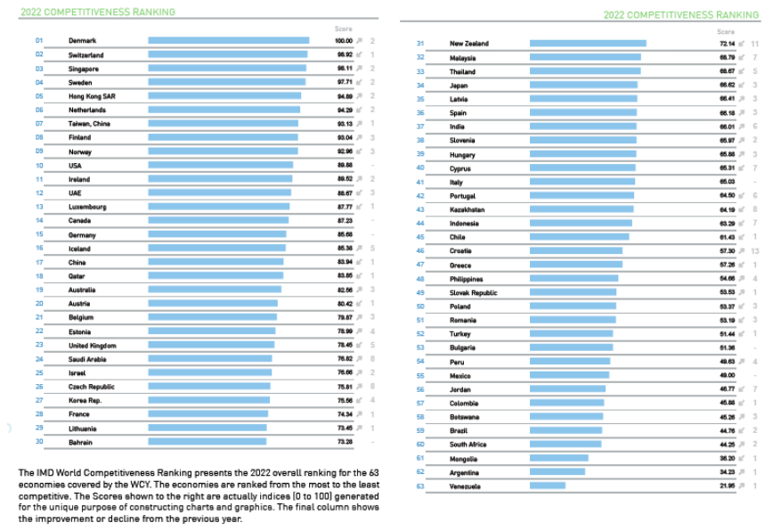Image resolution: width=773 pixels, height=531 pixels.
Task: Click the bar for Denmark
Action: point(228,40)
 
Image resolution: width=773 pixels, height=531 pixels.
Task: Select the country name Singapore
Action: point(84,69)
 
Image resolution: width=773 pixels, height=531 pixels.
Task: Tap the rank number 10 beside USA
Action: point(39,166)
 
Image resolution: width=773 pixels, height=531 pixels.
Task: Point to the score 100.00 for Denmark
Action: point(344,41)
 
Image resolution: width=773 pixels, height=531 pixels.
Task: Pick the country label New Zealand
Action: point(469,44)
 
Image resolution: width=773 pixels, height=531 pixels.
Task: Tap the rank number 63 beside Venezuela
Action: point(420,486)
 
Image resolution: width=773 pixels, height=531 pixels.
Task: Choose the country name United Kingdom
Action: point(92,346)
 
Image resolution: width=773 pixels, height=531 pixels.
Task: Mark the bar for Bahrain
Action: point(207,442)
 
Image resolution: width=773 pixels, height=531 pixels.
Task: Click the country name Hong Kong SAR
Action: point(90,96)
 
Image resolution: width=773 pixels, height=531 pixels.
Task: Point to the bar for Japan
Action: point(583,86)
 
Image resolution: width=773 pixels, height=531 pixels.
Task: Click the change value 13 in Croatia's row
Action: point(754,251)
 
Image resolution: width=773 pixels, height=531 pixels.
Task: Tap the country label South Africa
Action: point(468,445)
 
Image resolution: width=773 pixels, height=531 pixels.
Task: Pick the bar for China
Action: point(216,262)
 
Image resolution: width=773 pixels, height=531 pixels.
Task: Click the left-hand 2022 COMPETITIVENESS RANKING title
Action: point(97,12)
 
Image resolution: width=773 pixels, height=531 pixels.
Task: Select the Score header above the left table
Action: point(343,29)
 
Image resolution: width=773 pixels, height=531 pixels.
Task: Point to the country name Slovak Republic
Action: point(474,293)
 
